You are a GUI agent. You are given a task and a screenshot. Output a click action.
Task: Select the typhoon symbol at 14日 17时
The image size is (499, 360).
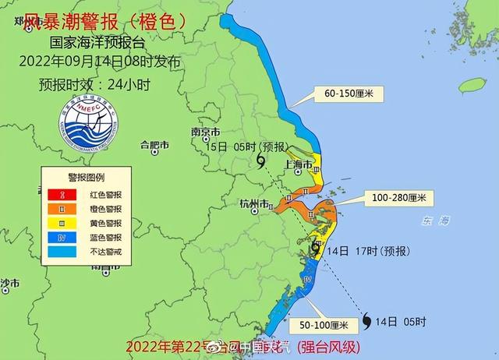click(x=316, y=249)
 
